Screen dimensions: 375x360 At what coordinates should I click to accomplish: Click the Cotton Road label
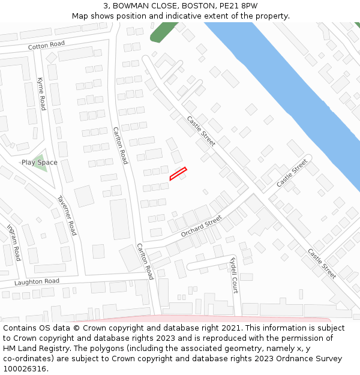tap(46, 45)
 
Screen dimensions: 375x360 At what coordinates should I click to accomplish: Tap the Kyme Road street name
tap(41, 94)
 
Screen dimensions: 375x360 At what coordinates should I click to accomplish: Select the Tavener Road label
tap(67, 215)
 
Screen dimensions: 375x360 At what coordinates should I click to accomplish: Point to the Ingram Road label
tap(14, 242)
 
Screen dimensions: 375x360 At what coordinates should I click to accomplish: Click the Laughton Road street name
tap(37, 281)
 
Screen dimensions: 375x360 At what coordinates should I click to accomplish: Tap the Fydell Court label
tap(234, 274)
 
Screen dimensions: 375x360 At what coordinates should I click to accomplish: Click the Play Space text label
tap(40, 163)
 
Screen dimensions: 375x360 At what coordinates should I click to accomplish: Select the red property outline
tap(178, 173)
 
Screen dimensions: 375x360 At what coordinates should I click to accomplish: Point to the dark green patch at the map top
tap(163, 31)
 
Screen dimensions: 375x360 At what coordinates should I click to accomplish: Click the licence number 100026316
tap(25, 369)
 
